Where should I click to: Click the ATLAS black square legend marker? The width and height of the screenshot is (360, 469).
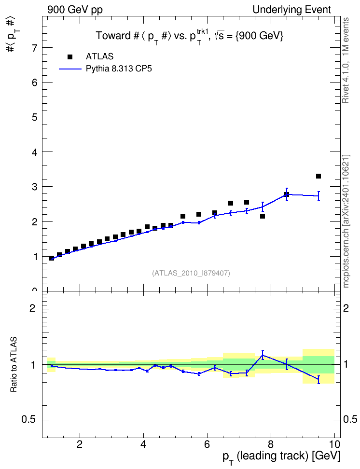point(70,57)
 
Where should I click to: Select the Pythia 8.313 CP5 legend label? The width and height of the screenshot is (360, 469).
point(119,69)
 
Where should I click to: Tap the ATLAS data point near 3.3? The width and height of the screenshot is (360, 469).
point(318,176)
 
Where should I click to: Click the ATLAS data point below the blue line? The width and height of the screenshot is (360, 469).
point(263,216)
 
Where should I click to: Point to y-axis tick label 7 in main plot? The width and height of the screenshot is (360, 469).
point(35,48)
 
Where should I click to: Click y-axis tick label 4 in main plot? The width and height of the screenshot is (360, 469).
point(35,152)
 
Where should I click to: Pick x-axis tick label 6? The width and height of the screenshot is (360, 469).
point(207,444)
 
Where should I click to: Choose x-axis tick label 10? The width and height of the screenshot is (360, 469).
point(334,444)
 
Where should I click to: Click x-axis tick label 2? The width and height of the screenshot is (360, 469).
point(80,444)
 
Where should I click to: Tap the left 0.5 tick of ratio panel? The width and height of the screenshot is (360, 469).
point(28,420)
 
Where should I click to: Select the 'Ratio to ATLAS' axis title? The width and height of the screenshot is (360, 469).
point(14,364)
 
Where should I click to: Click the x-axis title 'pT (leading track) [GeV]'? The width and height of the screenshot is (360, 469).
point(281,457)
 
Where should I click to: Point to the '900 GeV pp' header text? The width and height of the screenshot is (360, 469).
point(75,10)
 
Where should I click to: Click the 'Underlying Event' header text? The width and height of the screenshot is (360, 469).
point(292,10)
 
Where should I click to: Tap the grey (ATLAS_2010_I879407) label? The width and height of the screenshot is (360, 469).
point(191,273)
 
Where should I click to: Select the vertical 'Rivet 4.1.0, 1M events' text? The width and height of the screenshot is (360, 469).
point(346,60)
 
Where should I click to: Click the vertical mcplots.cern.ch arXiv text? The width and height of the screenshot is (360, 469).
point(346,221)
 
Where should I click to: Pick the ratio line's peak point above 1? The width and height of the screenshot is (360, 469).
point(263,355)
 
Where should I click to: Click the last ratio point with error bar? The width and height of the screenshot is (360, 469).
point(318,379)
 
